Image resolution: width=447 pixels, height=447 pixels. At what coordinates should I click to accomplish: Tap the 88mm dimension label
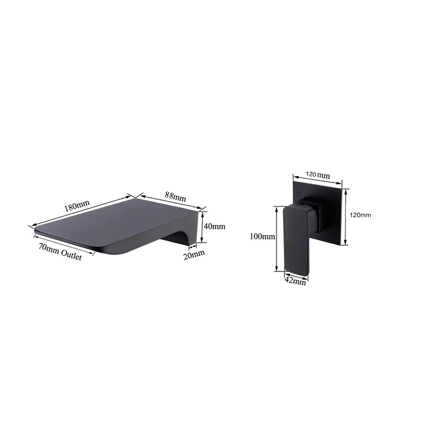click(x=175, y=197)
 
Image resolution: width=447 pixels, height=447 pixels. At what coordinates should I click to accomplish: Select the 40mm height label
click(x=214, y=226)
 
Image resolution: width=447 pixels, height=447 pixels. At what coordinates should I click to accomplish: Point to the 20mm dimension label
click(x=194, y=255)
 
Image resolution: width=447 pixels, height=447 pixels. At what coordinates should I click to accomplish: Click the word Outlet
click(x=72, y=256)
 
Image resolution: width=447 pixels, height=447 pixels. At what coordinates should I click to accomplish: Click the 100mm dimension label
click(x=262, y=237)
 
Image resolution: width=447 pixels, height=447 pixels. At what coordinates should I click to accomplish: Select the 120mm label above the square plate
click(x=318, y=175)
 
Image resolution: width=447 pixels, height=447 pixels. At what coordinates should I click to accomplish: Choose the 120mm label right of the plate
click(x=360, y=215)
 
